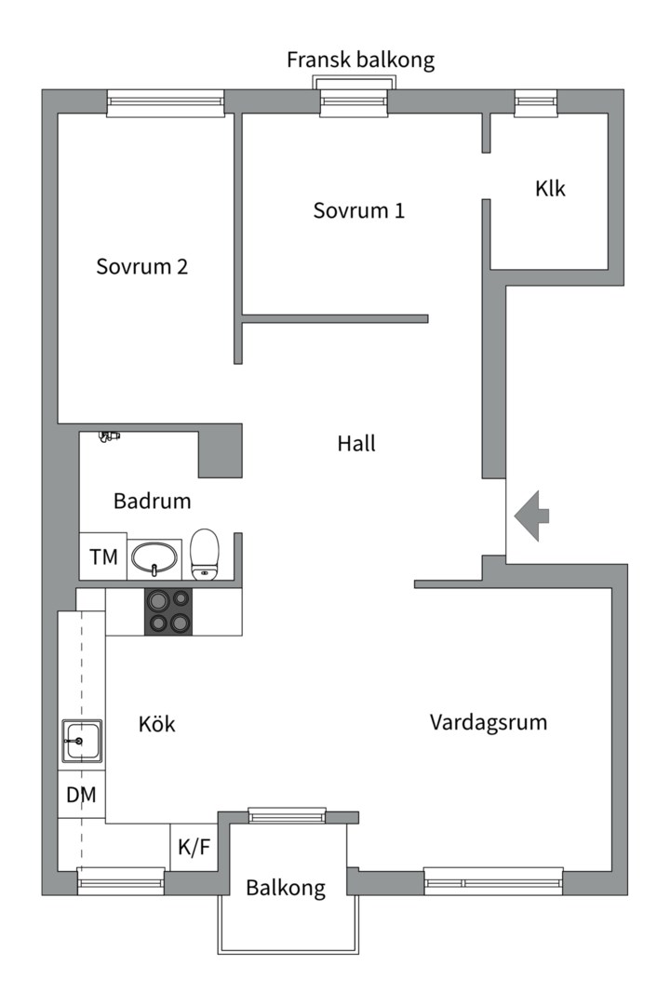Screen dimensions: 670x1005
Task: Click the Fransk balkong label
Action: pos(360,60)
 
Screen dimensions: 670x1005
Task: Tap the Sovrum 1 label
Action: pos(359,210)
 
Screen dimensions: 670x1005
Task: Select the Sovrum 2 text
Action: pos(141,267)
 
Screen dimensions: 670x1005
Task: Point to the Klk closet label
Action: pos(550,188)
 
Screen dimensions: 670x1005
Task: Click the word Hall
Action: pos(356,443)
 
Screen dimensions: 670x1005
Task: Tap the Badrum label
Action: pos(153,501)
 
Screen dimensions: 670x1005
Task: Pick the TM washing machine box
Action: pos(103,556)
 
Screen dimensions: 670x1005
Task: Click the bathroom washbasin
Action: pos(154,557)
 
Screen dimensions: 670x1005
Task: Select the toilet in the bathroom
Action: pos(205,554)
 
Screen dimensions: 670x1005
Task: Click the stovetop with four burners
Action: pos(168,612)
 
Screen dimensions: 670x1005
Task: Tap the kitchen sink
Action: pos(82,741)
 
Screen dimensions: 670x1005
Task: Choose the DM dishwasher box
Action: pos(82,795)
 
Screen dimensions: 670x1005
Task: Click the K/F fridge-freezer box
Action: pos(194,848)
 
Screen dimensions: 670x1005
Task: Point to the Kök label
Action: pos(157,724)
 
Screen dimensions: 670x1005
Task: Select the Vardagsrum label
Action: pos(489,722)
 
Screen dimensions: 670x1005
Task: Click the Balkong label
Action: pos(286,888)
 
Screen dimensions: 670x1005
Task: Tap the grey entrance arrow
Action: pos(531,516)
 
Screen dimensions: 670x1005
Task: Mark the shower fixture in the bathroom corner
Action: pos(110,436)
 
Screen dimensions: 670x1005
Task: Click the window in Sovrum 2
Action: pos(166,103)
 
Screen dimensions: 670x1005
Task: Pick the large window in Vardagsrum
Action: pos(494,881)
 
